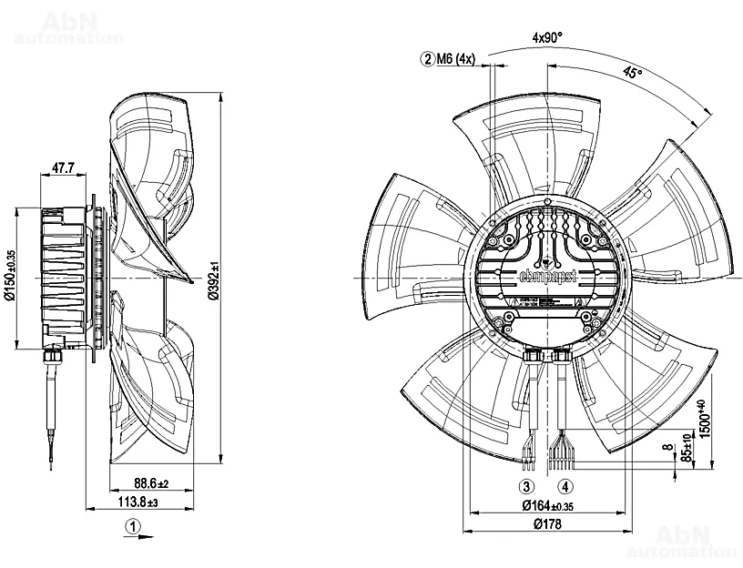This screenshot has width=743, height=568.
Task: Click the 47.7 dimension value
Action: [x=63, y=167]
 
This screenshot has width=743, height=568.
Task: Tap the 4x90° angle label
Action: [x=549, y=37]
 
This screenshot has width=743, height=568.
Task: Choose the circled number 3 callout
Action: [x=526, y=486]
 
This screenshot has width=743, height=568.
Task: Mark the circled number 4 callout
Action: [x=565, y=486]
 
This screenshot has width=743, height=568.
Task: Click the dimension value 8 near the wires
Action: [x=672, y=447]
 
